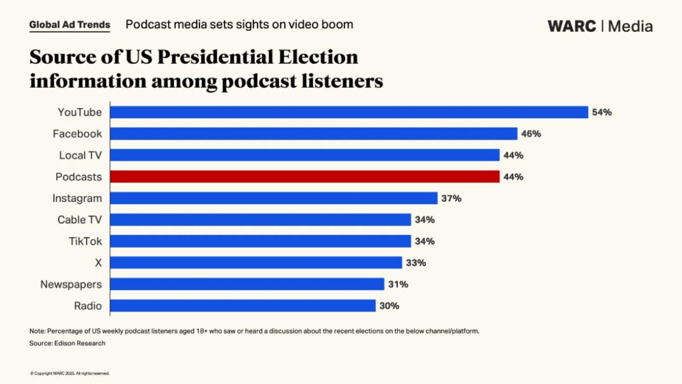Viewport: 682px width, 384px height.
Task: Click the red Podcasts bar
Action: click(304, 176)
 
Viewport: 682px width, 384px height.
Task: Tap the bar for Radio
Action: click(242, 306)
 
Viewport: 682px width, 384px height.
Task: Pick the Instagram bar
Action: click(273, 198)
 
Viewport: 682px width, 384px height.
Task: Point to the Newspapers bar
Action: click(247, 284)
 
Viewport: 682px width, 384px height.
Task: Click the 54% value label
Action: click(601, 112)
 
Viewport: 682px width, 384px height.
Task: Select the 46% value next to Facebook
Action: click(531, 133)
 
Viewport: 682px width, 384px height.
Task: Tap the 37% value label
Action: click(451, 198)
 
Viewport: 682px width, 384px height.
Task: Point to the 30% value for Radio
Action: click(389, 306)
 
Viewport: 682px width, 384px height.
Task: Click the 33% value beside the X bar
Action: click(415, 263)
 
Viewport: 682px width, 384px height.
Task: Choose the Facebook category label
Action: click(77, 133)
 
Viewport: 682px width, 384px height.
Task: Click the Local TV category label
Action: click(80, 155)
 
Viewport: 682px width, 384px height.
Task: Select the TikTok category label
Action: click(85, 241)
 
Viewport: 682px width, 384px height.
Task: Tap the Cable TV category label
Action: click(79, 220)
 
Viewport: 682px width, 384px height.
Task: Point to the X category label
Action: click(98, 263)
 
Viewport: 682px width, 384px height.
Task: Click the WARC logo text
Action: click(572, 26)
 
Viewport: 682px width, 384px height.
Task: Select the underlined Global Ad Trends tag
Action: click(70, 25)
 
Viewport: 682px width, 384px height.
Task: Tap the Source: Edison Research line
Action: click(67, 343)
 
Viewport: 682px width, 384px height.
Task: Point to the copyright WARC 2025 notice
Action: click(70, 374)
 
